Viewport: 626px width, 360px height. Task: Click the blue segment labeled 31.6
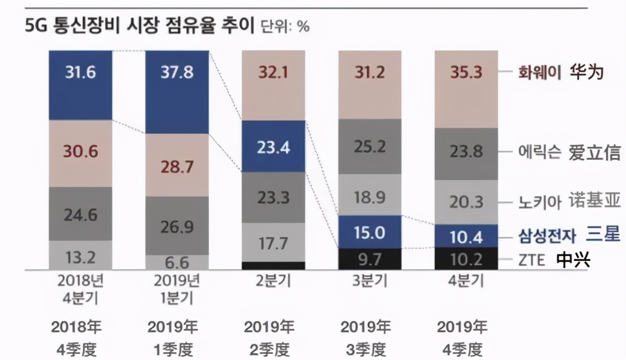pos(80,85)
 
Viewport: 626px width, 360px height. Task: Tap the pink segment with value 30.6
pos(80,153)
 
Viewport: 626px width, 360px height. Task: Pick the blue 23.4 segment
pos(273,147)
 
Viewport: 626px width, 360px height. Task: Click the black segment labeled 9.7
pos(370,259)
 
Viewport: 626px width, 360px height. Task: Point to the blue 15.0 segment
pos(370,232)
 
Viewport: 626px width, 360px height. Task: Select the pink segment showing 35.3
pos(466,89)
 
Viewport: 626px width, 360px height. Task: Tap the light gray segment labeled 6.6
pos(177,263)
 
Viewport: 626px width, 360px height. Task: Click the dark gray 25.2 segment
pos(370,147)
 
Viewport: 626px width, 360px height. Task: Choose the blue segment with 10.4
pos(466,236)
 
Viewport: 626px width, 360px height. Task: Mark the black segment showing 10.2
pos(466,259)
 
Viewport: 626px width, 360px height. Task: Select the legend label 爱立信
pos(594,152)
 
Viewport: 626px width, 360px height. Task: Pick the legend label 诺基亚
pos(594,201)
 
